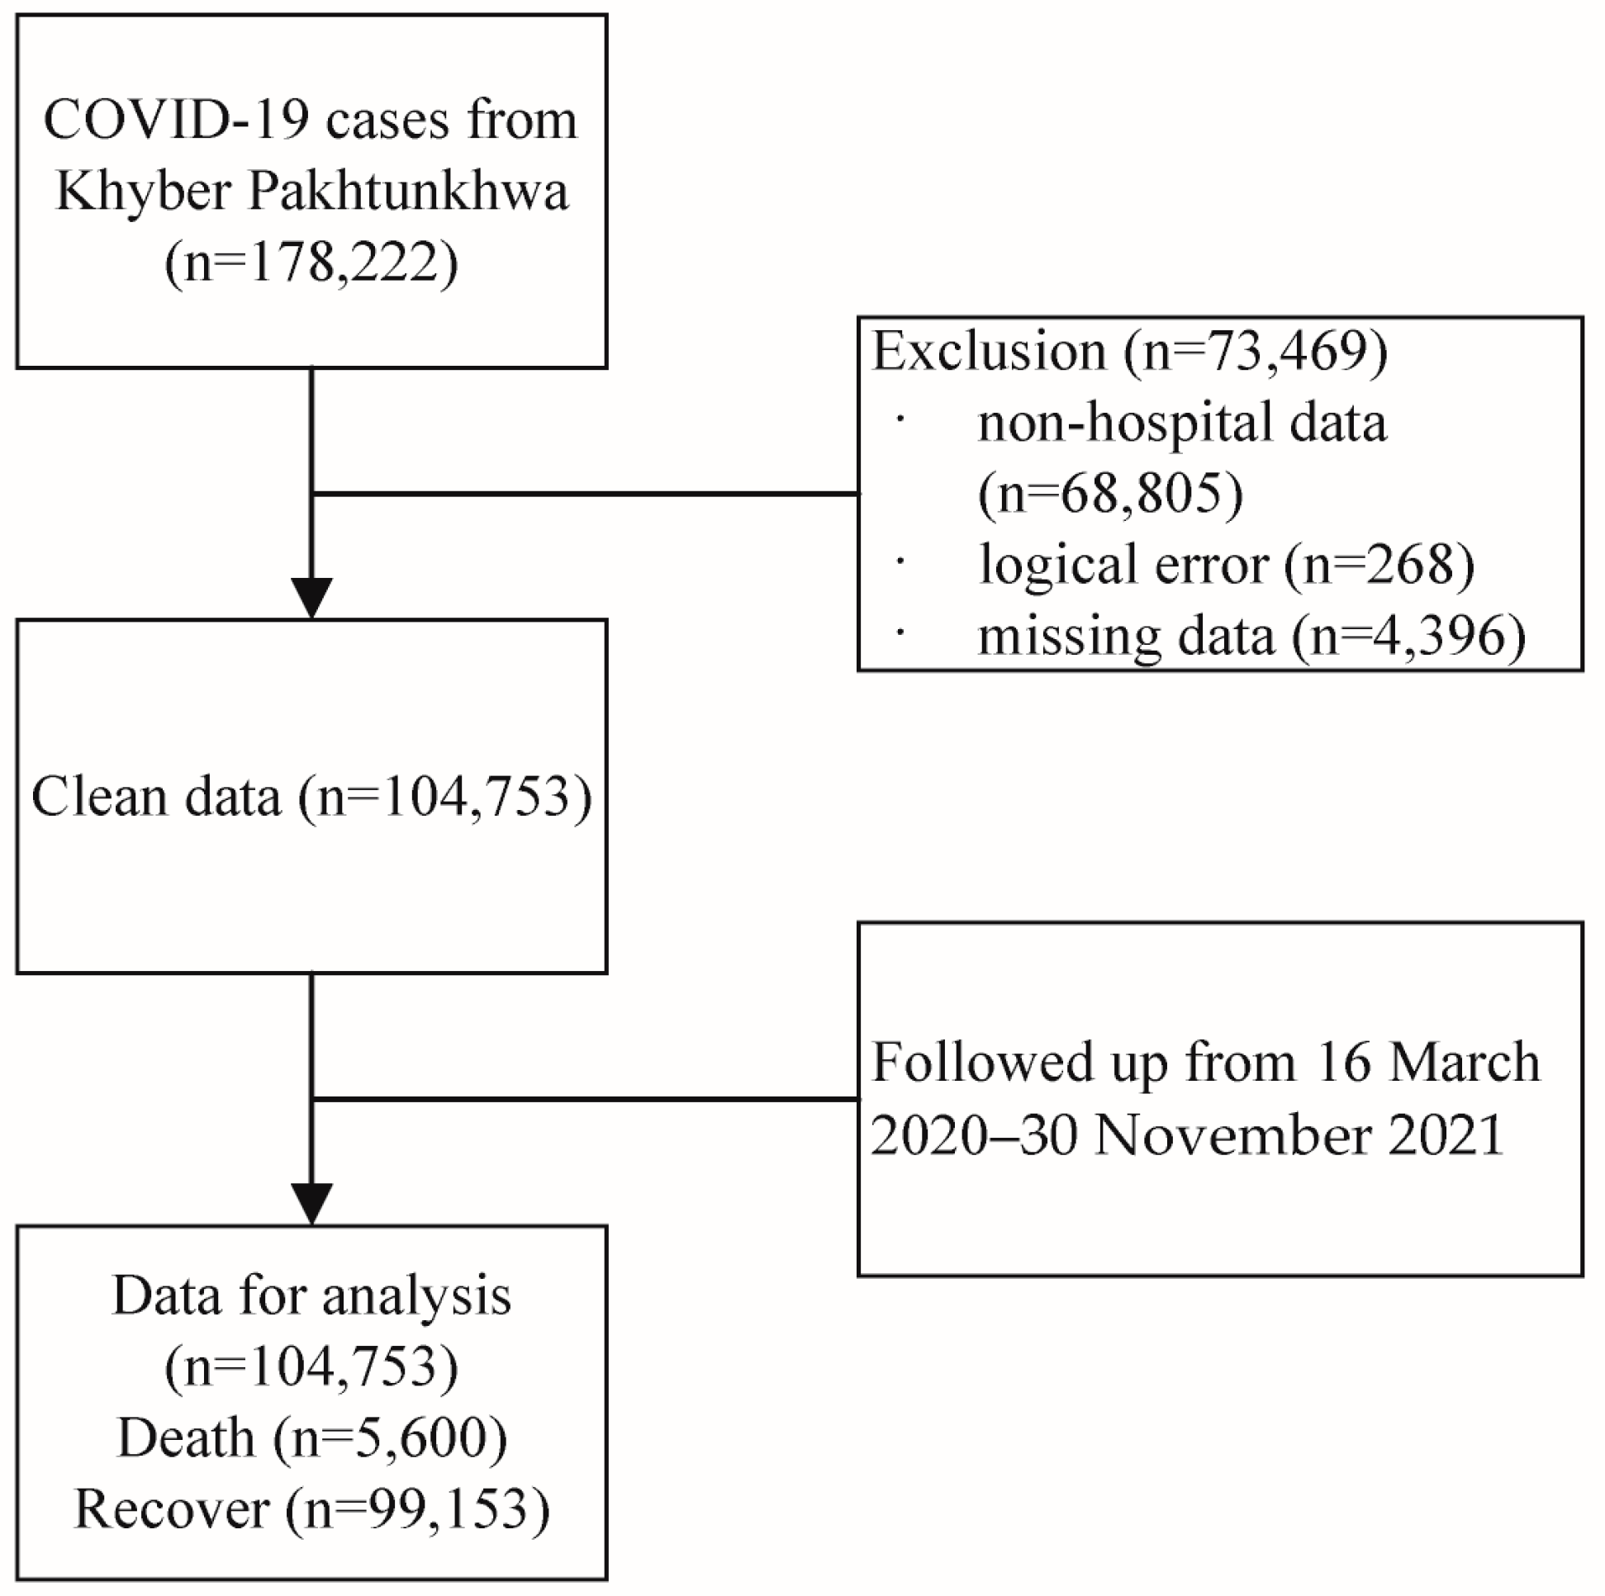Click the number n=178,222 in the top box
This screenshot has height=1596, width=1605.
(311, 264)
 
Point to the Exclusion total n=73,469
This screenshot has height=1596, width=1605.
(1256, 352)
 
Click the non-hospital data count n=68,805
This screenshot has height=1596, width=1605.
(1111, 495)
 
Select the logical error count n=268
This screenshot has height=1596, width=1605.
(1379, 566)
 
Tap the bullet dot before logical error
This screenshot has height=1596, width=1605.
(900, 562)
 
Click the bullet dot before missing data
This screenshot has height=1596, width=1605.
(900, 632)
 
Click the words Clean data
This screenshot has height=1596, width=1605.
(157, 797)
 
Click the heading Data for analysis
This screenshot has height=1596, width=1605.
(311, 1297)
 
